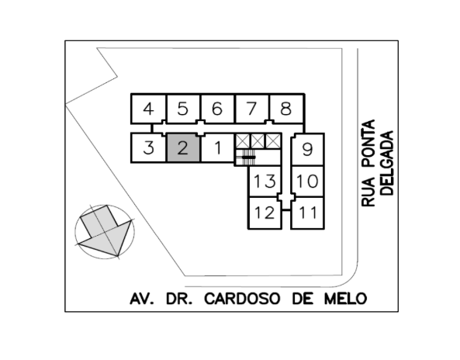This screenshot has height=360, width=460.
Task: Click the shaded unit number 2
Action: (x=183, y=147)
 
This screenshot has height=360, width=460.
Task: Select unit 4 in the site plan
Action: (x=148, y=109)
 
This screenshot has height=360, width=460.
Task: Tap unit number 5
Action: (x=183, y=109)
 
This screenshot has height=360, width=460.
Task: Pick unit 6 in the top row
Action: (x=217, y=109)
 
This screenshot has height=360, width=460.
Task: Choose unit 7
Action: (x=251, y=109)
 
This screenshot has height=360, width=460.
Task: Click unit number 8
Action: (x=286, y=109)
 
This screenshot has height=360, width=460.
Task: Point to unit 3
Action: (x=149, y=147)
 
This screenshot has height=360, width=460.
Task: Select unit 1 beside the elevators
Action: (x=217, y=147)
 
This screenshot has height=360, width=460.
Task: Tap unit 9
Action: (x=307, y=150)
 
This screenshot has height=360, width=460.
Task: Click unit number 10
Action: (x=307, y=181)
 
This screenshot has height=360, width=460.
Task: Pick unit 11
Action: (x=307, y=213)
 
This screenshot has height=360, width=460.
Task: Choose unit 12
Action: (x=265, y=213)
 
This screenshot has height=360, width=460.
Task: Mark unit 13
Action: (x=265, y=181)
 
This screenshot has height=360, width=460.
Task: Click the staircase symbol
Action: (x=246, y=156)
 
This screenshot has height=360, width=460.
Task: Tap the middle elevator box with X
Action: (x=258, y=141)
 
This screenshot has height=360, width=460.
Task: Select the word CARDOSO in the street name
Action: (x=242, y=299)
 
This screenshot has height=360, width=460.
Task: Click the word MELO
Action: (x=346, y=299)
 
